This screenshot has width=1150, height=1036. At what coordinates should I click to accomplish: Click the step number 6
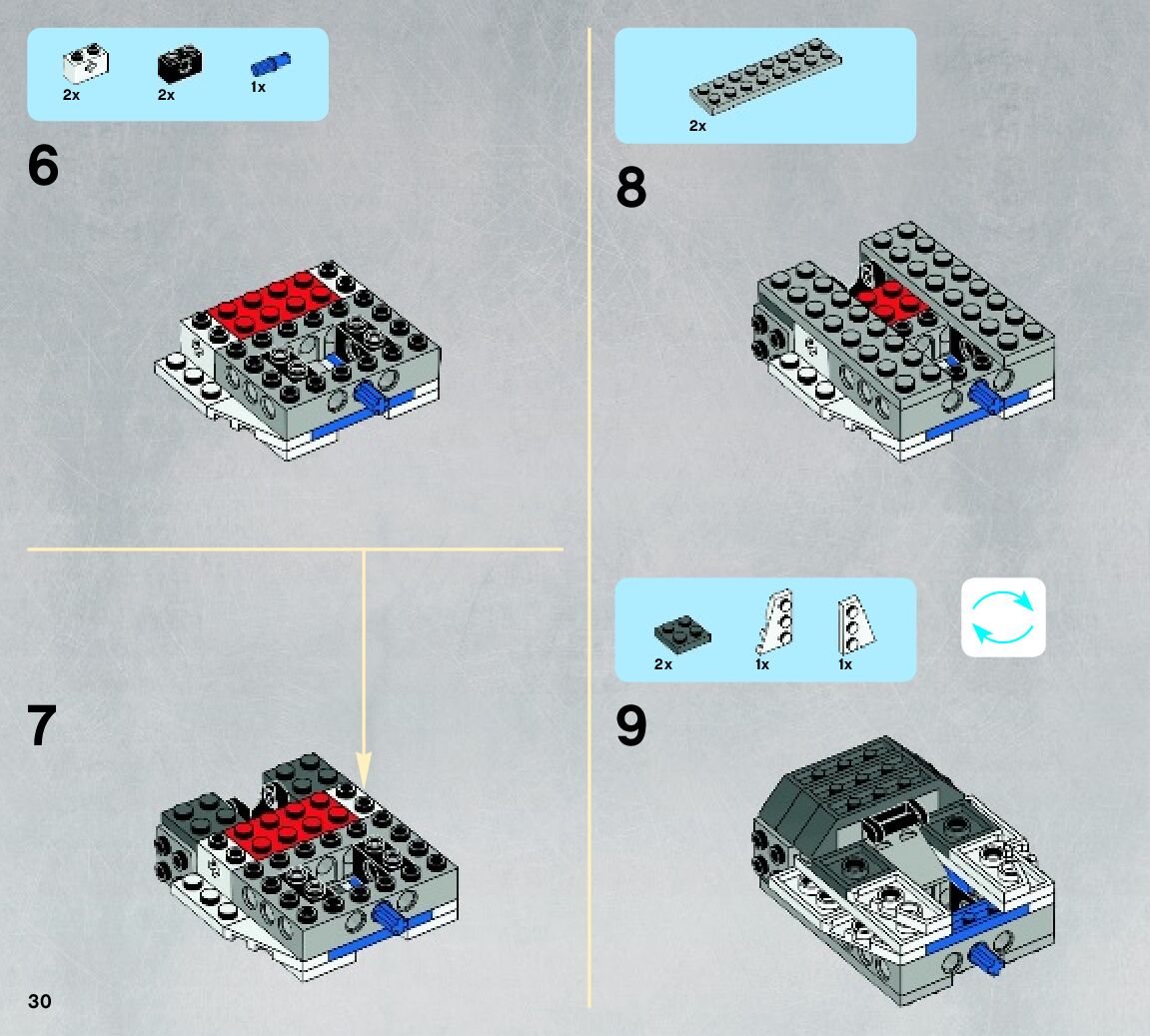point(43,165)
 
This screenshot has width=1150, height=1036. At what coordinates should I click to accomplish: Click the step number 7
point(42,725)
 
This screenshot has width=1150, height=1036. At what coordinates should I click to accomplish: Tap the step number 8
point(631,187)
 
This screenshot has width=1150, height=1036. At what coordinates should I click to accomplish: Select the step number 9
point(631,726)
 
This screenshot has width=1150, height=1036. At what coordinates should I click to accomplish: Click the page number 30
point(40,1002)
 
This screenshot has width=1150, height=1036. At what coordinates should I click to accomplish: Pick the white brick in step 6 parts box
point(86,64)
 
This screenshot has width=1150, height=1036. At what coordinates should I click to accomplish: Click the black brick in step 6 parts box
point(180,64)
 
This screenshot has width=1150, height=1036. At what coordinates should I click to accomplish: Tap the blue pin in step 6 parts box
point(271,64)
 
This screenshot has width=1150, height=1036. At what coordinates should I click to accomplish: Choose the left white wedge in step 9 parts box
point(775,621)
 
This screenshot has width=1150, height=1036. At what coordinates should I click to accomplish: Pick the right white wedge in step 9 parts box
point(856,624)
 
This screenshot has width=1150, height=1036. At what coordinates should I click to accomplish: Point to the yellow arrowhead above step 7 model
point(364,768)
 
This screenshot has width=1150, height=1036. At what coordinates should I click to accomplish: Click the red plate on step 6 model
point(275,305)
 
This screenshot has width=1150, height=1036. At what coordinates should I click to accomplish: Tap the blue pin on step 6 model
point(373,397)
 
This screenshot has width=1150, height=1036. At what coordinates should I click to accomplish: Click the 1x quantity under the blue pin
point(258,87)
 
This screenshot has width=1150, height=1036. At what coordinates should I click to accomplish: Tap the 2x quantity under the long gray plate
point(697,126)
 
